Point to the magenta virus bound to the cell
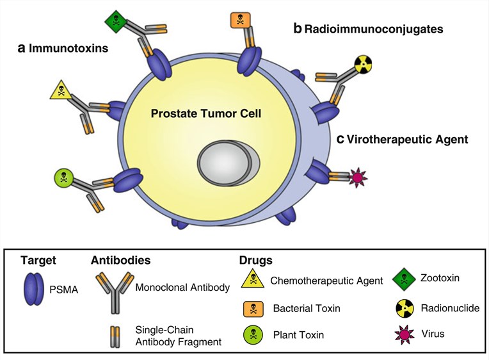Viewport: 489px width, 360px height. click(355, 177)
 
